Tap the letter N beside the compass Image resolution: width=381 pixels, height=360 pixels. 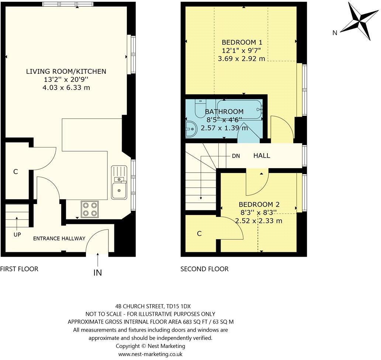coord(335,33)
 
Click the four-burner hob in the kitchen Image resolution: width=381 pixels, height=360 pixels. coord(90,209)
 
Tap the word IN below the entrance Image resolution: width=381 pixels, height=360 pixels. coord(97,273)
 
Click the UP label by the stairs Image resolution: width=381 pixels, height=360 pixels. coord(17,235)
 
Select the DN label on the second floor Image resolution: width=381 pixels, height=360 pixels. coord(236,156)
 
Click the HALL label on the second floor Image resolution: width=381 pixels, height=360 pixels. coord(261,156)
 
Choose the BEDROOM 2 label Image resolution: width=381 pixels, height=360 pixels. coord(259,204)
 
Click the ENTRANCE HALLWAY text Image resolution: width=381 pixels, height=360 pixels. coord(59,238)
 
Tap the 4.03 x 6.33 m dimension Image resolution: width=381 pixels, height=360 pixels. coord(66,87)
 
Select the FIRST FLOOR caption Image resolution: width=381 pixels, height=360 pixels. coord(19,269)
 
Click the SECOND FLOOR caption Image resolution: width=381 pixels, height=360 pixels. coord(204,269)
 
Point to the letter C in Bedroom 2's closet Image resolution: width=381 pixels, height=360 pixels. coord(199,233)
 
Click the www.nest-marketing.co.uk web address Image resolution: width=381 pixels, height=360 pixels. coord(150,354)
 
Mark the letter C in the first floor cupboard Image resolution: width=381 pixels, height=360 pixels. coord(15,172)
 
